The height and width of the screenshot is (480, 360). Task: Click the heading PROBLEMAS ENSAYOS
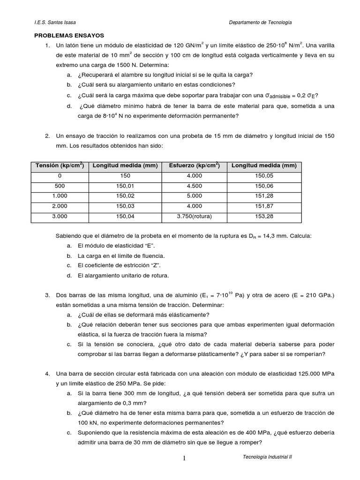(70, 35)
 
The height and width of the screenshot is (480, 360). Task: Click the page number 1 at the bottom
(184, 458)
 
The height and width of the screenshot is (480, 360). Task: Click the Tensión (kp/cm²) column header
(59, 165)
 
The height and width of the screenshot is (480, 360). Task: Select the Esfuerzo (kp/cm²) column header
(194, 165)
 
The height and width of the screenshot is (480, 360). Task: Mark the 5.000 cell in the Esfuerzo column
(194, 196)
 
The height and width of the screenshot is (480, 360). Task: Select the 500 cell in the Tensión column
(59, 186)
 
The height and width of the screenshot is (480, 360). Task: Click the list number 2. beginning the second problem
(47, 136)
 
